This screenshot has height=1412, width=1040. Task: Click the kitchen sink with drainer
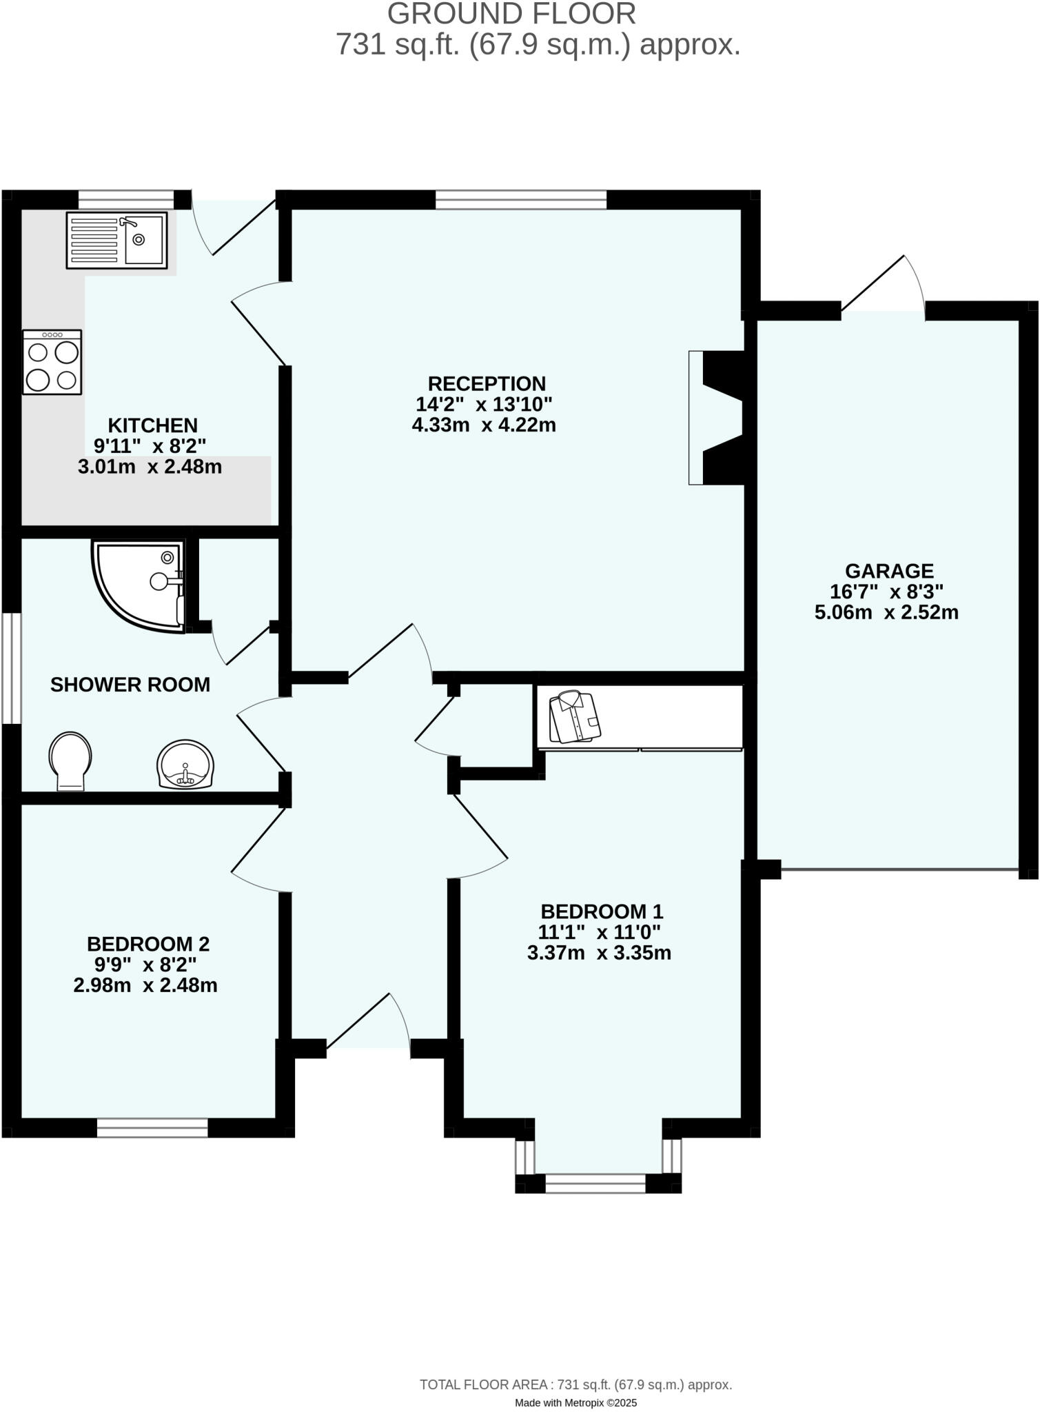(116, 240)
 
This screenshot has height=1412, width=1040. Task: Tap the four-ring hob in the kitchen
(52, 363)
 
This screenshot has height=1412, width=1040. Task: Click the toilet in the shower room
(70, 760)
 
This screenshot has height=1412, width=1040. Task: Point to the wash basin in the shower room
(185, 765)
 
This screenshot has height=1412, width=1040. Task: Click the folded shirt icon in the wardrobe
(575, 717)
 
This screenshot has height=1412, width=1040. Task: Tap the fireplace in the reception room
(717, 418)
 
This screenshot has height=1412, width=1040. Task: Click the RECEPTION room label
(487, 383)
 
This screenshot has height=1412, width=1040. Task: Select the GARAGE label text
(889, 571)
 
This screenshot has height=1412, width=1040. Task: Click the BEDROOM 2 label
(148, 944)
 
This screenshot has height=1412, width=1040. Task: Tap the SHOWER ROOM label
(130, 685)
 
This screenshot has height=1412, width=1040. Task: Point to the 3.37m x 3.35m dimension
(599, 953)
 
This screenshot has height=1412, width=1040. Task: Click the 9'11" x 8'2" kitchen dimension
(150, 445)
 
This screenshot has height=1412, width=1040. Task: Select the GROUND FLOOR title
(511, 14)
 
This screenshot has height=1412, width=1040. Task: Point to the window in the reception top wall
(521, 200)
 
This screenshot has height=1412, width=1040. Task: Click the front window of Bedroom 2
(152, 1128)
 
